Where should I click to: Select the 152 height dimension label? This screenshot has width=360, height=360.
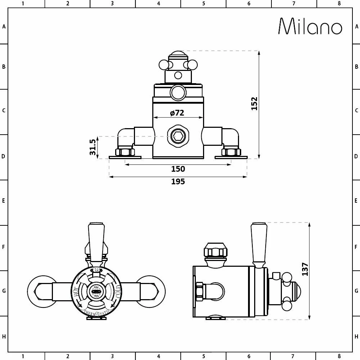[x=254, y=104]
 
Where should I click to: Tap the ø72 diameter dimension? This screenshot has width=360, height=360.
[x=177, y=113]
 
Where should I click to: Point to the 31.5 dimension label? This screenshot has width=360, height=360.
[x=93, y=147]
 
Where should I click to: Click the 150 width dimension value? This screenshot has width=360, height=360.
[x=178, y=169]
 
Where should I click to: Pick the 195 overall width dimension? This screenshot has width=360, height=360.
[x=178, y=181]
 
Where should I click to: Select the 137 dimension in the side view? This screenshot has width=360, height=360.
[x=305, y=269]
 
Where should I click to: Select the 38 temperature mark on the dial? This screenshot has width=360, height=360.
[x=96, y=270]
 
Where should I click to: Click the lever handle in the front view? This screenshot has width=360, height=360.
[x=96, y=239]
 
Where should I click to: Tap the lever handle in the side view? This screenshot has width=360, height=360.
[x=258, y=243]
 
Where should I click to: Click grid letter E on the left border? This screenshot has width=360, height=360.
[x=4, y=201]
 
